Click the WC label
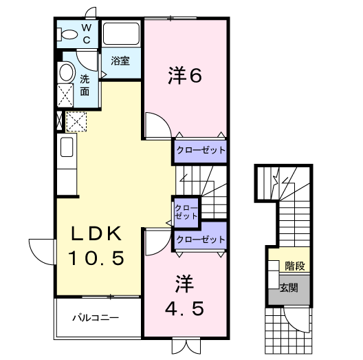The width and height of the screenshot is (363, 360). point(87,33)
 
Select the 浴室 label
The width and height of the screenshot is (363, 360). point(120,61)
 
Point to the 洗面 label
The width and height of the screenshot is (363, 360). point(85,85)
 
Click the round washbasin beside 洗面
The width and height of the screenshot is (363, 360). point(66,72)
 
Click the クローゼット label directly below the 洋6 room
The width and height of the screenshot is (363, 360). point(200,150)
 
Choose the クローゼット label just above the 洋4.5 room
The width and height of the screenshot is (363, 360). point(200,240)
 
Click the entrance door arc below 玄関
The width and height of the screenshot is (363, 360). point(297,318)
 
